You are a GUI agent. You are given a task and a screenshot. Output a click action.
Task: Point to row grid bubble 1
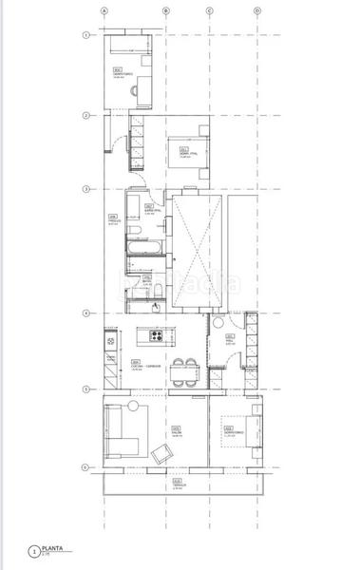[85, 35]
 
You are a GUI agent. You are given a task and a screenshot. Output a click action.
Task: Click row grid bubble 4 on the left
[85, 313]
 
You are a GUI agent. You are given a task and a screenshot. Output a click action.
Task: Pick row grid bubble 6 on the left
[85, 466]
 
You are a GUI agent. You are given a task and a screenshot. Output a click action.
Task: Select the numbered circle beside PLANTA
[35, 551]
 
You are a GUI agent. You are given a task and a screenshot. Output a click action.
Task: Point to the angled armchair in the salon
[162, 454]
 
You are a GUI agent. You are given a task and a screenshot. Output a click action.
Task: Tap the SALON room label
[177, 428]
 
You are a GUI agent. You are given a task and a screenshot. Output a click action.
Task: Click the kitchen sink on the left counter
[111, 340]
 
